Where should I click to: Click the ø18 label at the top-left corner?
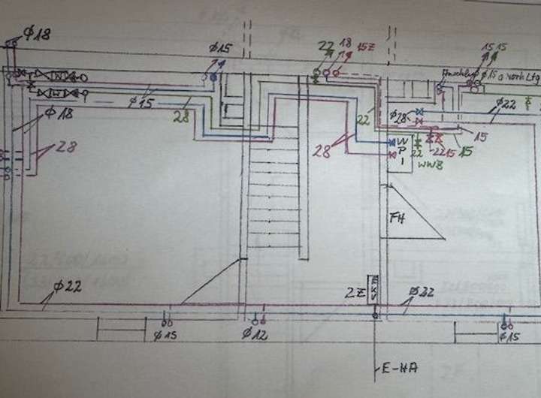[x=34, y=34]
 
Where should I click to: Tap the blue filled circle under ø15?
[x=214, y=77]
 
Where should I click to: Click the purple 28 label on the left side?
[x=65, y=148]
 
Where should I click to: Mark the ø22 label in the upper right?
[x=506, y=103]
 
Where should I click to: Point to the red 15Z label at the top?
[x=367, y=46]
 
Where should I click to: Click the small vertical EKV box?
[x=375, y=289]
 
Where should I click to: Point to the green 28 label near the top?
[x=181, y=117]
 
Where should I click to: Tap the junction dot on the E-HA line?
[x=375, y=316]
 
